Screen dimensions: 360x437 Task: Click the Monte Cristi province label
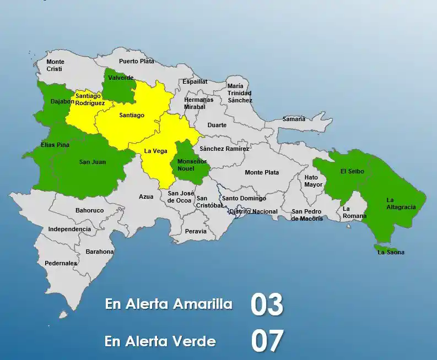(x=55, y=65)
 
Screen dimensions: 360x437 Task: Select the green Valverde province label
(x=121, y=78)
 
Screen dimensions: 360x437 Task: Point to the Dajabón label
(x=62, y=101)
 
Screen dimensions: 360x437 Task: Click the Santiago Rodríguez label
(x=90, y=99)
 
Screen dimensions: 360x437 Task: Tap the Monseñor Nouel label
(x=188, y=165)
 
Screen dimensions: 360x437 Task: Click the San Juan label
(x=92, y=162)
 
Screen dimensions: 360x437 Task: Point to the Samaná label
(x=294, y=119)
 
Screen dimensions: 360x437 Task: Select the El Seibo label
(x=352, y=171)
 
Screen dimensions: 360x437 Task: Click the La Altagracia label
(x=401, y=203)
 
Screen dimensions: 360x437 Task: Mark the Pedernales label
(x=61, y=263)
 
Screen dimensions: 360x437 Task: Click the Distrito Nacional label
(x=253, y=211)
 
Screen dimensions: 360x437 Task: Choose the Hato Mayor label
(x=314, y=181)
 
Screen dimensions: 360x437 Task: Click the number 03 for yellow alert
(x=267, y=305)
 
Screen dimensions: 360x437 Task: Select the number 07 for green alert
(x=267, y=341)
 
